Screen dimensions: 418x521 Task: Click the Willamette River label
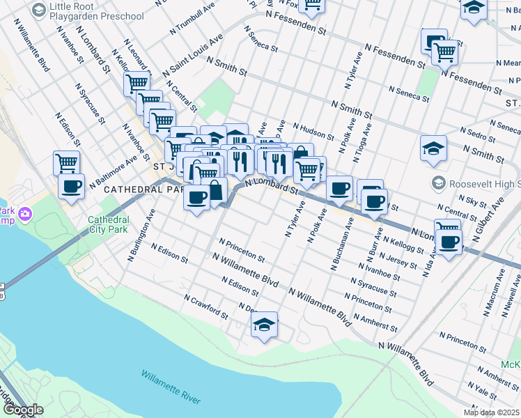click(x=171, y=387)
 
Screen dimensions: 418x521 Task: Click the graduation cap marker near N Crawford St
click(x=265, y=325)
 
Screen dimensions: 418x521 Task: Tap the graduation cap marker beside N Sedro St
click(x=433, y=148)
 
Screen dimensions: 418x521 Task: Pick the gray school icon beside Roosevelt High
click(x=438, y=184)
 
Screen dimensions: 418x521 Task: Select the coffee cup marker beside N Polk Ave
click(x=340, y=187)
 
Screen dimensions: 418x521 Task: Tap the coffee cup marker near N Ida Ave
click(x=449, y=242)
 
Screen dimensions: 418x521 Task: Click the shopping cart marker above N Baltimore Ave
click(x=66, y=164)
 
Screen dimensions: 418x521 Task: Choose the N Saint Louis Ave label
click(x=193, y=54)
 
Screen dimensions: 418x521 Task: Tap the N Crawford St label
click(x=205, y=306)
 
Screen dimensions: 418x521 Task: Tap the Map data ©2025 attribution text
click(x=492, y=412)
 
